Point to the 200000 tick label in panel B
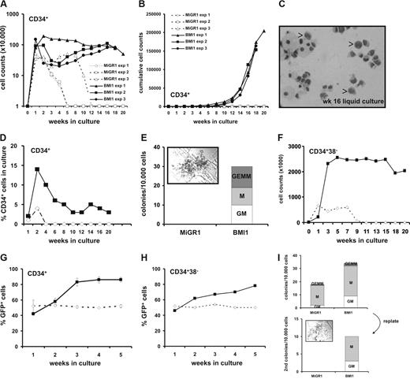[160, 14]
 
